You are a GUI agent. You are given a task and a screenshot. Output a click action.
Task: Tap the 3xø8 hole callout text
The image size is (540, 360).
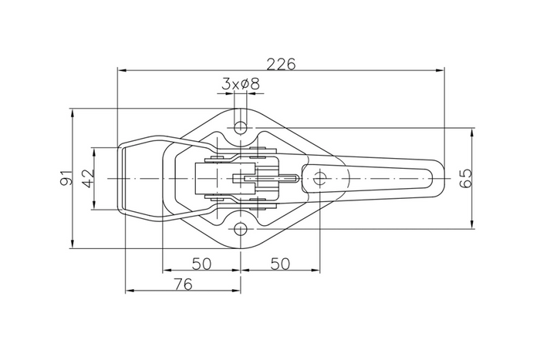240,83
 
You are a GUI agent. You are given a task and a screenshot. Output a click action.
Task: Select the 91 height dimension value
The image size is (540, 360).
66,178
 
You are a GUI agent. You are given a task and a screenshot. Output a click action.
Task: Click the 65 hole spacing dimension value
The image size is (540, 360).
465,178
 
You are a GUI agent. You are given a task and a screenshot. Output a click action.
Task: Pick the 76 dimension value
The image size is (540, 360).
182,284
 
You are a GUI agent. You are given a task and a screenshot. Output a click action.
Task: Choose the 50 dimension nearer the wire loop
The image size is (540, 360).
201,263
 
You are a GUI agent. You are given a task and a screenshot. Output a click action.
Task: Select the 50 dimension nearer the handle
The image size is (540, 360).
280,263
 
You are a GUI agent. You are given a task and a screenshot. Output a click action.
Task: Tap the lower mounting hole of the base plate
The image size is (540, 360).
241,230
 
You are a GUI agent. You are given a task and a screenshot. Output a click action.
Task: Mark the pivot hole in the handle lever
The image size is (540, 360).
319,178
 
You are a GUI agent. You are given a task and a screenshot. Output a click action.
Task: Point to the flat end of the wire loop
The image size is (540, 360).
120,178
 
